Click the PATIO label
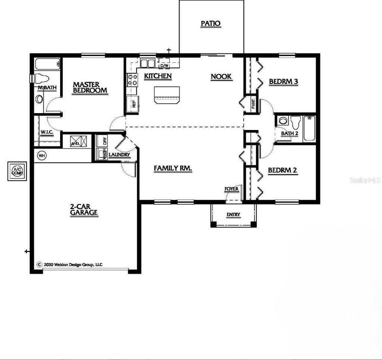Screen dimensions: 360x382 point(211,24)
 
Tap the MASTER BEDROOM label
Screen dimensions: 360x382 point(90,87)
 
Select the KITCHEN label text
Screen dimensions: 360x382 point(158,76)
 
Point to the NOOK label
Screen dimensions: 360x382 point(221,77)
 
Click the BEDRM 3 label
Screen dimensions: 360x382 point(283,81)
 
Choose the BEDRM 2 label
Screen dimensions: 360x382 point(282,170)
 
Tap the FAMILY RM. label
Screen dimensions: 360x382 point(173,168)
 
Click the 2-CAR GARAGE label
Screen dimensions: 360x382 point(84,210)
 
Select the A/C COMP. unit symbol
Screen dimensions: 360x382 point(17,171)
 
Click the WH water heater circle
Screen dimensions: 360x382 point(41,155)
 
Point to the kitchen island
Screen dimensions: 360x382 point(166,94)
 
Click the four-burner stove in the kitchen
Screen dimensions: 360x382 point(132,79)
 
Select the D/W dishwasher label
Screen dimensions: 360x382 point(164,66)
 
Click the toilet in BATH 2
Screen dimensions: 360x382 point(296,122)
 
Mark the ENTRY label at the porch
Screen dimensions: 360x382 point(234,215)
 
